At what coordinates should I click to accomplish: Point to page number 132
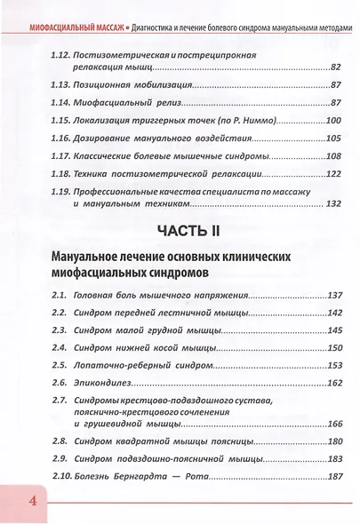332,203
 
